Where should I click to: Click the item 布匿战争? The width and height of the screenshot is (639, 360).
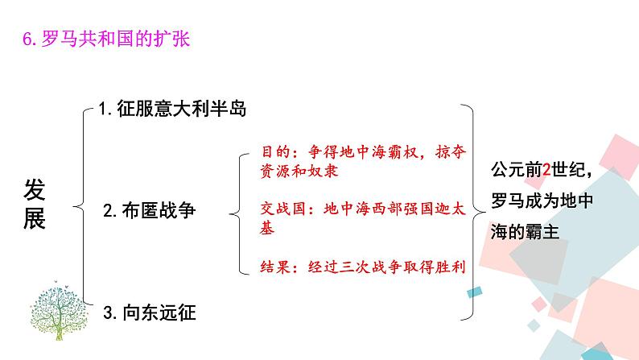160,212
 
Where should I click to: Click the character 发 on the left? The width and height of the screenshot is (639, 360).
35,191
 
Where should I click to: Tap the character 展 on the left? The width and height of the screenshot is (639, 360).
35,219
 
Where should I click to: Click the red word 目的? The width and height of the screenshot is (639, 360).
276,152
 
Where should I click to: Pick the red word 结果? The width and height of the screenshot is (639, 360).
276,266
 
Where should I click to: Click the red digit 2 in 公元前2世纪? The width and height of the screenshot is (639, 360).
547,170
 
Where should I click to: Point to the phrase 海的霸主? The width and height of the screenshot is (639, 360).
523,231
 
